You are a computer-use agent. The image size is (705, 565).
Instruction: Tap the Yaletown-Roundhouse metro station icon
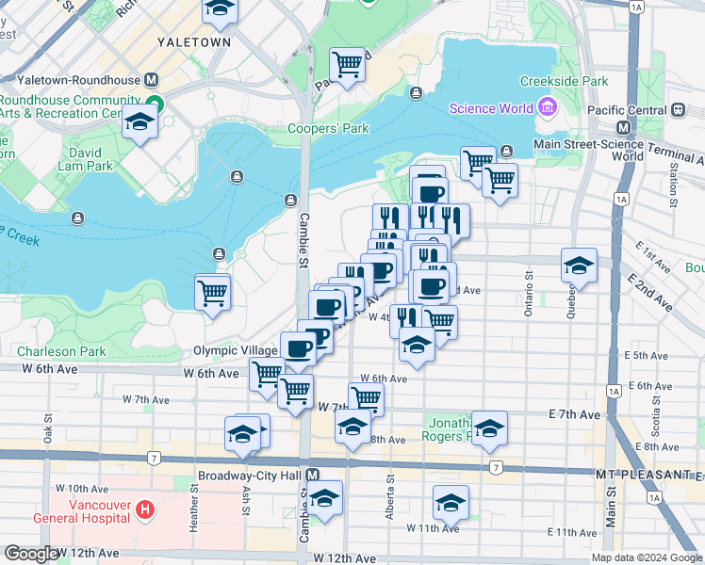tap(150, 80)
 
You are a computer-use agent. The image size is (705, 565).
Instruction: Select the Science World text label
tap(491, 108)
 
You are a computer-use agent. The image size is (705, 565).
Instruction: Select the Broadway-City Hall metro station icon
tap(312, 476)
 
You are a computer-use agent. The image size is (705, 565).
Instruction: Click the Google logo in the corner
tap(30, 554)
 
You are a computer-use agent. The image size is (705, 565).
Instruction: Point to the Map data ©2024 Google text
tap(647, 557)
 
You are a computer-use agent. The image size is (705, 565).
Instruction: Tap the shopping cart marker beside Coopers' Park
tap(347, 66)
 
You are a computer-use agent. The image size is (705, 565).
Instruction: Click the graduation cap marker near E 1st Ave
tap(579, 266)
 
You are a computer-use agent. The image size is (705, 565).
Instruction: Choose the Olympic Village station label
tap(236, 350)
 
